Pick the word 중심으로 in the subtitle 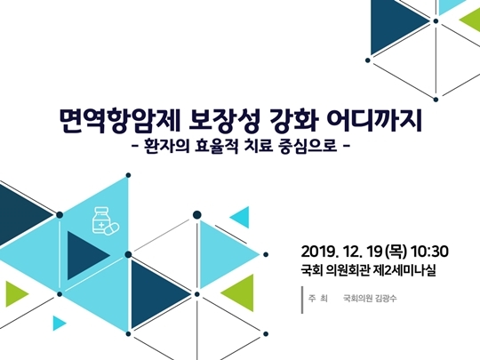308,146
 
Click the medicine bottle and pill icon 105,221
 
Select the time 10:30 429,252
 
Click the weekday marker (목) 396,252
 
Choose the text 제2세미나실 406,270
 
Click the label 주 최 317,298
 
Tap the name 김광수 386,298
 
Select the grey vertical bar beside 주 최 302,300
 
